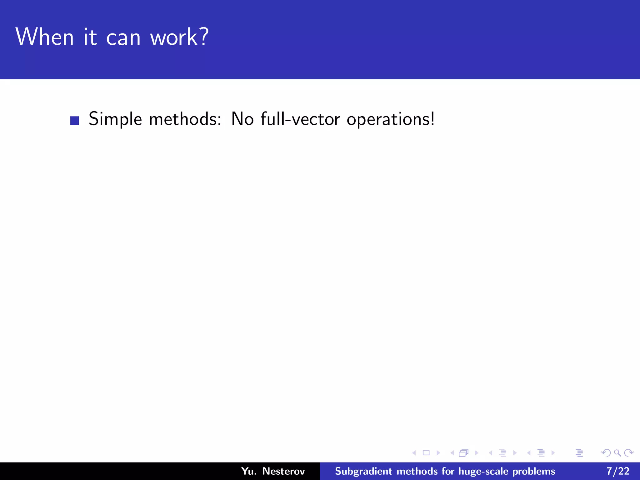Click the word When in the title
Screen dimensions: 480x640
44,37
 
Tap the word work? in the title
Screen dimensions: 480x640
179,37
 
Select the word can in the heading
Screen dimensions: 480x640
123,38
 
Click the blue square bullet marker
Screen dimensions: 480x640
75,121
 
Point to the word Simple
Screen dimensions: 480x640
115,119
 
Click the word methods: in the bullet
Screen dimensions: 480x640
185,119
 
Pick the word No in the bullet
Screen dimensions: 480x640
242,119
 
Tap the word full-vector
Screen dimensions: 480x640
300,119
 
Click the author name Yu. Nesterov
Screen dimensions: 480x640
273,471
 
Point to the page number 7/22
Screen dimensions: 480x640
618,471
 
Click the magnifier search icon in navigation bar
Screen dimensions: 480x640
617,453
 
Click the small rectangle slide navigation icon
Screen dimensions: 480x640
426,453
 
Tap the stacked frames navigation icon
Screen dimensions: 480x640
464,453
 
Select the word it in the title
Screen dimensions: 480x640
90,37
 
